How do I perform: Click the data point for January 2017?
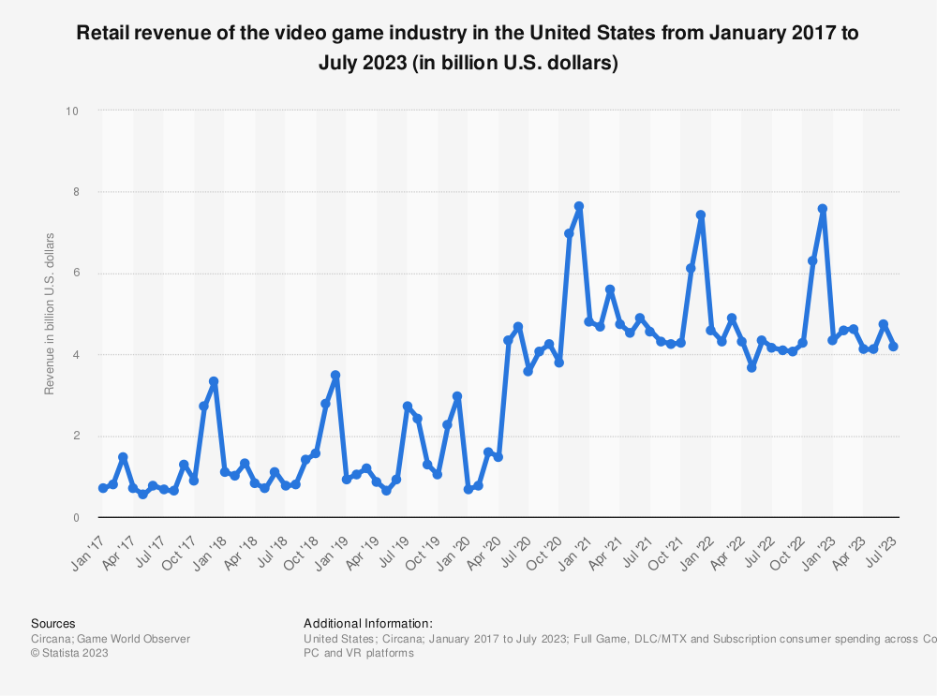(103, 488)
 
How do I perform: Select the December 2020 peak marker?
(579, 206)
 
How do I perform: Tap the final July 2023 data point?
(894, 347)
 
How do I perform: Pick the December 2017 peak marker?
(214, 381)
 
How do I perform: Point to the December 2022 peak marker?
(822, 209)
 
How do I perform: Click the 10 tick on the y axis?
(72, 111)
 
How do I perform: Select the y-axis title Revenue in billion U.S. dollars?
(50, 314)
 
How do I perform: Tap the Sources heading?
(53, 623)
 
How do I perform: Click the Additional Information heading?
(367, 623)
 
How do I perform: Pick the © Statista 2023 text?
(70, 653)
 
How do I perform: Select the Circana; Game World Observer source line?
(111, 639)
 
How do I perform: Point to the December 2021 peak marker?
(701, 215)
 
